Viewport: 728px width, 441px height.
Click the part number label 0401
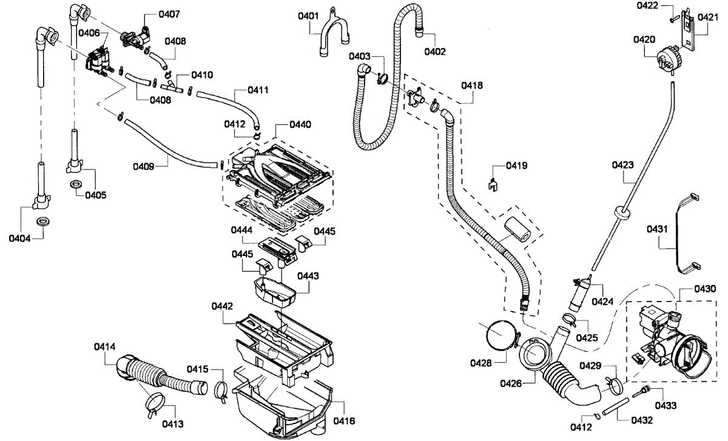pos(308,16)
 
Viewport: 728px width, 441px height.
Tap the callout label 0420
pos(644,39)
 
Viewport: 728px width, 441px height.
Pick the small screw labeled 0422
pos(673,19)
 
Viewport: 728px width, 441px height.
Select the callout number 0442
pos(223,306)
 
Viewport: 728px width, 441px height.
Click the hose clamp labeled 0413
pos(155,402)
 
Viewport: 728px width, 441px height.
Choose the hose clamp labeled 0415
pos(221,391)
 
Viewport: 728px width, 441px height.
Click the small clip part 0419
pos(494,182)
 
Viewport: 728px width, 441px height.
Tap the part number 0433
pos(665,405)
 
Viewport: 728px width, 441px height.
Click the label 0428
pos(481,363)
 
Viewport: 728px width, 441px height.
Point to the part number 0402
pos(435,52)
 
